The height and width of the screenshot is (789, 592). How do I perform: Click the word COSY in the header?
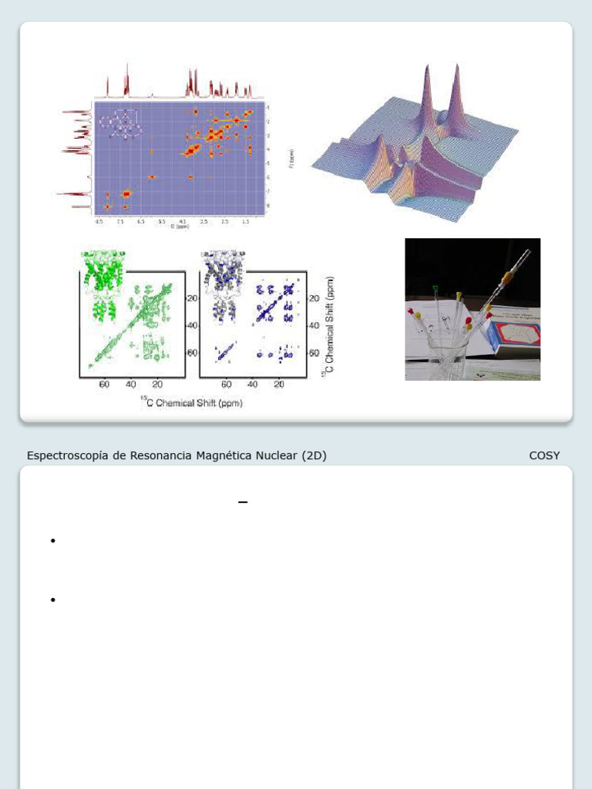544,455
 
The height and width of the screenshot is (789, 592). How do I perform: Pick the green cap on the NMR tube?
436,290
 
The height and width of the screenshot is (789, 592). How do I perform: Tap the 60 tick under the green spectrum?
104,384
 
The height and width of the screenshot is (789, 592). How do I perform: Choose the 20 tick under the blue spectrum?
279,384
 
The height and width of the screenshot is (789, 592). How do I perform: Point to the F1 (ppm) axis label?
291,159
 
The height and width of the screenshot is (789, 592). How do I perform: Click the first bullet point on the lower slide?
52,541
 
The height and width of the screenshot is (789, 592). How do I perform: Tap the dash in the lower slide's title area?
243,502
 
